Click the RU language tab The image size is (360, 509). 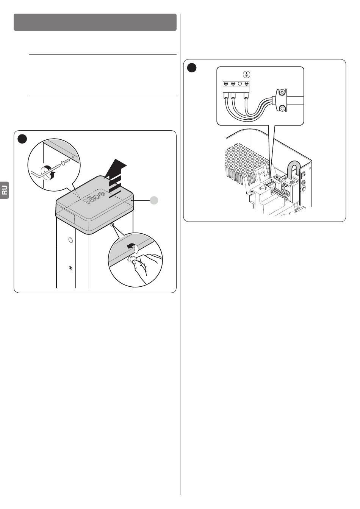click(5, 190)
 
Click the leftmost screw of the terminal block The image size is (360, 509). click(226, 83)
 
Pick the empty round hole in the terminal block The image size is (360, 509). click(240, 83)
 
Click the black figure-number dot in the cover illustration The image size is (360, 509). click(22, 139)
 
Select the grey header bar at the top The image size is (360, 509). click(95, 22)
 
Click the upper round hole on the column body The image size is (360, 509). click(70, 240)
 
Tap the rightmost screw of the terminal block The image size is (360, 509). click(247, 83)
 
